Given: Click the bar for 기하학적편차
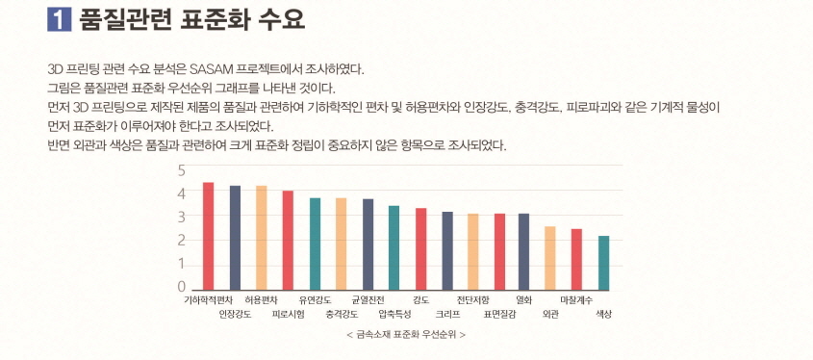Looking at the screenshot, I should pos(208,236).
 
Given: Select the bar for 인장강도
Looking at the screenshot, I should pos(235,238).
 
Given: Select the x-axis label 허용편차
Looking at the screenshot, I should pos(262,300).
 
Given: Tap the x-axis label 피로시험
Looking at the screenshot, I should pos(288,314).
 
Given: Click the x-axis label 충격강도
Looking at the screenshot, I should pos(342,314).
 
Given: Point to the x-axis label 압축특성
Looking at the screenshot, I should pos(394,314).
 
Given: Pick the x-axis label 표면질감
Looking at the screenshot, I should pos(500,314).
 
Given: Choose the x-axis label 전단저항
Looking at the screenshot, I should pos(473,300).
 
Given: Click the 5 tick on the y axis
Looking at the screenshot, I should pos(181,170).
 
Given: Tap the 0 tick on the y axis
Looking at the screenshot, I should pos(181,287).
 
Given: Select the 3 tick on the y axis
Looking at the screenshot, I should pos(181,217).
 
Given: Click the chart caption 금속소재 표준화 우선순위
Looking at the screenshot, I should pos(405,335).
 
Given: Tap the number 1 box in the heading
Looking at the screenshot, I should pos(60,19).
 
